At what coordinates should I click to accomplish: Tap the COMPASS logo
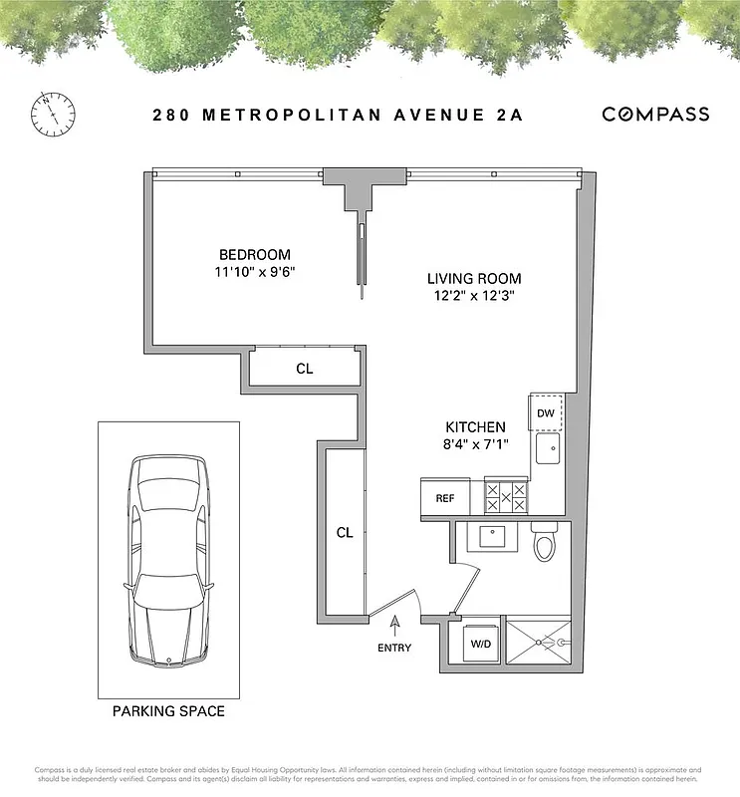tap(655, 114)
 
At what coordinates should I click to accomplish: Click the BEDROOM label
tap(256, 254)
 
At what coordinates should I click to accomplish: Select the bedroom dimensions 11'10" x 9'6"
tap(256, 271)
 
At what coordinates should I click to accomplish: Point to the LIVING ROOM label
tap(474, 279)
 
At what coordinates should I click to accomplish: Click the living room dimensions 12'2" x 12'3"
tap(474, 296)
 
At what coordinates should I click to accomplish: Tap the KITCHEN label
tap(475, 426)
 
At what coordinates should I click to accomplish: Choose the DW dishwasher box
tap(546, 412)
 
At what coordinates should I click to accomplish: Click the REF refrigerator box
tap(444, 498)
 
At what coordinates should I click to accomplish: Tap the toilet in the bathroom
tap(544, 543)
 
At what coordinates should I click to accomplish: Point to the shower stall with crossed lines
tap(538, 644)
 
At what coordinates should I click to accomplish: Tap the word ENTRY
tap(395, 649)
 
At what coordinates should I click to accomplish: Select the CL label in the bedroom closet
tap(305, 369)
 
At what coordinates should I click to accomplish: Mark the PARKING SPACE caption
tap(168, 711)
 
